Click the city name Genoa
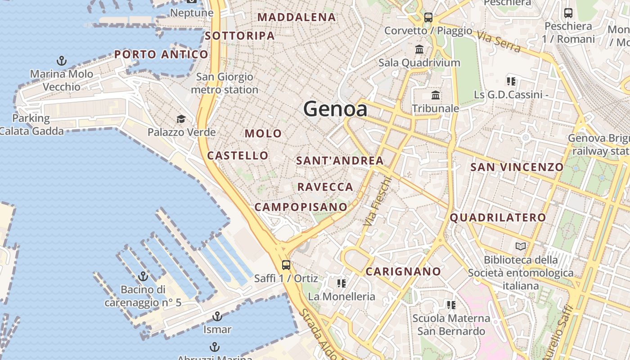pos(335,109)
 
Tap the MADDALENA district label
pos(297,18)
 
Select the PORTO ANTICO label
pos(161,55)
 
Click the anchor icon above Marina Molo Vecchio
pos(61,61)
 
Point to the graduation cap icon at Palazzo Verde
pos(181,119)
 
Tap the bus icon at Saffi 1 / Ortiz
pos(286,265)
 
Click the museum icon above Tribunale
pos(435,95)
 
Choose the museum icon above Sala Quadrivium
pos(419,49)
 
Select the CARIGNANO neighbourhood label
pos(403,271)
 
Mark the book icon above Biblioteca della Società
pos(521,246)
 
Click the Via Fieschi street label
pos(378,201)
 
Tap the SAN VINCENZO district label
pos(517,167)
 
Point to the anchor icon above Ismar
pos(217,316)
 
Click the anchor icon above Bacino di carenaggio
pos(143,276)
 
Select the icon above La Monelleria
pos(342,283)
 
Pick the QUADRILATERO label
pos(498,218)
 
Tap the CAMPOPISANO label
pos(301,207)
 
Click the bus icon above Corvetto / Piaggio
pos(428,18)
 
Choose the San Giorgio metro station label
pos(225,83)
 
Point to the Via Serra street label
pos(499,42)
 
